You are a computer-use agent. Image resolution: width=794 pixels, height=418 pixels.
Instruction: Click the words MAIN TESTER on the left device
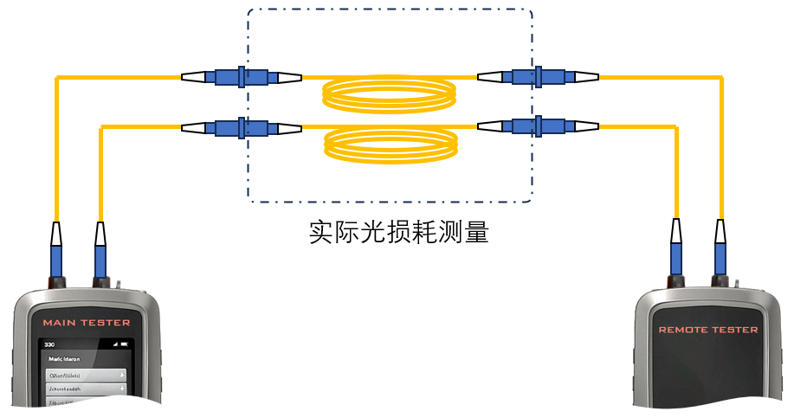87,323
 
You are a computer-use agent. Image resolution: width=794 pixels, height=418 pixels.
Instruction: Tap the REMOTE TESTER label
707,330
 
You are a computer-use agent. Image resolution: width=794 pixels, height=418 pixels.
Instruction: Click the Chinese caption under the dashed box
398,233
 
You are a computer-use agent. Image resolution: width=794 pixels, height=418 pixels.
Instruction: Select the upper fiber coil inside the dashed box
389,93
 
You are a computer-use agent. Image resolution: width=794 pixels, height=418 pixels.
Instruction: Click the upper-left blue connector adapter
242,78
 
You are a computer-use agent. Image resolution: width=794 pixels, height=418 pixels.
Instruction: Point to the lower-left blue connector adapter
242,128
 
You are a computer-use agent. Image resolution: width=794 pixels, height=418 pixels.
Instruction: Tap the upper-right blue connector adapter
538,78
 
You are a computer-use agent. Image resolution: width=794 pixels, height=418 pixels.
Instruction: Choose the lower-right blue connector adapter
538,128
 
